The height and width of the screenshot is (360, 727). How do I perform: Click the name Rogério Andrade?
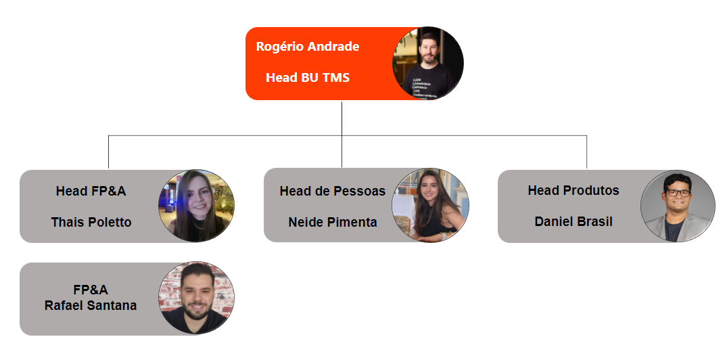pyautogui.click(x=308, y=47)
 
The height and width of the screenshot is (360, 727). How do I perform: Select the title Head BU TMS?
pyautogui.click(x=308, y=77)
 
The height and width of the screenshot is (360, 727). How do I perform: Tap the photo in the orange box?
pyautogui.click(x=428, y=63)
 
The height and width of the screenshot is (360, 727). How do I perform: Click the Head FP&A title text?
pyautogui.click(x=91, y=191)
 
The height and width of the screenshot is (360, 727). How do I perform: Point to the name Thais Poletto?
pyautogui.click(x=91, y=222)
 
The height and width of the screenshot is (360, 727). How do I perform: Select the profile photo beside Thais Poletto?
pyautogui.click(x=197, y=206)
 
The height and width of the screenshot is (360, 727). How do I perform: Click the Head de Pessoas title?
pyautogui.click(x=333, y=191)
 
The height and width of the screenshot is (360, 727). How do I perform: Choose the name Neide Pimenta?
pyautogui.click(x=333, y=222)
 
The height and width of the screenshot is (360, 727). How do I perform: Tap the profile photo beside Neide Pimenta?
pyautogui.click(x=430, y=205)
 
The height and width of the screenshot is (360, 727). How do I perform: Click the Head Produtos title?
pyautogui.click(x=573, y=190)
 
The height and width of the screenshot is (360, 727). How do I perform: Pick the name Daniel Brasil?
pyautogui.click(x=573, y=222)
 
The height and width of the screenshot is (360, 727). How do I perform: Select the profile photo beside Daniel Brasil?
pyautogui.click(x=678, y=206)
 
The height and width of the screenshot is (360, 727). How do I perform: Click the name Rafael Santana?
pyautogui.click(x=91, y=306)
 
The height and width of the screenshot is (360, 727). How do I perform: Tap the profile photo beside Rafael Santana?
pyautogui.click(x=197, y=298)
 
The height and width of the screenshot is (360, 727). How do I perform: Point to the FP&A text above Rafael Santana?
pyautogui.click(x=91, y=290)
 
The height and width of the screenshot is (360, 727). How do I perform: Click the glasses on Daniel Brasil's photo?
pyautogui.click(x=678, y=192)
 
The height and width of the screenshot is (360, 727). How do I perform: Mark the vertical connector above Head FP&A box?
pyautogui.click(x=108, y=152)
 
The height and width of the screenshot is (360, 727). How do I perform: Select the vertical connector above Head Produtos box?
pyautogui.click(x=586, y=152)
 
